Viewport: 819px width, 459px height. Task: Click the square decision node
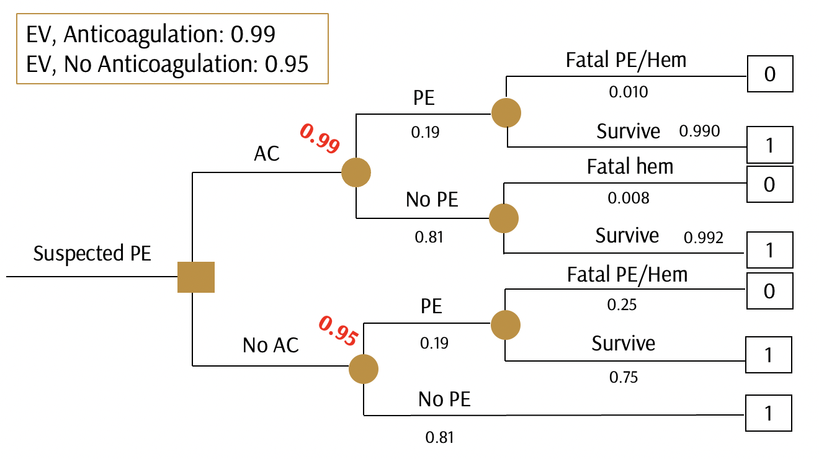(x=196, y=277)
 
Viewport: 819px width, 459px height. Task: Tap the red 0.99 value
(x=320, y=138)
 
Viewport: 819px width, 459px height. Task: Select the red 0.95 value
(x=338, y=331)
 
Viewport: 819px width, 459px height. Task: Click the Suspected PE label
(x=92, y=254)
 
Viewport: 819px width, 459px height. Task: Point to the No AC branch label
(x=271, y=345)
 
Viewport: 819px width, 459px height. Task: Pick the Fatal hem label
(x=630, y=166)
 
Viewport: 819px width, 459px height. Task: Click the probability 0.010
(x=628, y=92)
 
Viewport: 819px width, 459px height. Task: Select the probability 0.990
(x=699, y=131)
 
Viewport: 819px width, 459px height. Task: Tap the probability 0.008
(x=629, y=198)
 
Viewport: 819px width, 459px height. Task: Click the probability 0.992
(x=703, y=238)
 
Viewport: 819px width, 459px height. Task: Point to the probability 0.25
(x=621, y=305)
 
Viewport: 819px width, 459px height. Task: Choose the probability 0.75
(x=623, y=377)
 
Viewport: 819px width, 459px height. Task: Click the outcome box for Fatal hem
(x=769, y=184)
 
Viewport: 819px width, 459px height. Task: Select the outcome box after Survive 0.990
(x=769, y=145)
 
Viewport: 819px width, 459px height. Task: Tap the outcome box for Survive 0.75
(x=769, y=355)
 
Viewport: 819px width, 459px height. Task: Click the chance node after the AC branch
(x=356, y=171)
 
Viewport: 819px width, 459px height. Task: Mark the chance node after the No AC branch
(x=364, y=369)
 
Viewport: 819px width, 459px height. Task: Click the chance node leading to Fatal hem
(x=504, y=218)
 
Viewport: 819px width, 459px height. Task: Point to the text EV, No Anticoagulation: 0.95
(x=168, y=64)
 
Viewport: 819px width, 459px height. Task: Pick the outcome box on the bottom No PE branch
(x=769, y=413)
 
